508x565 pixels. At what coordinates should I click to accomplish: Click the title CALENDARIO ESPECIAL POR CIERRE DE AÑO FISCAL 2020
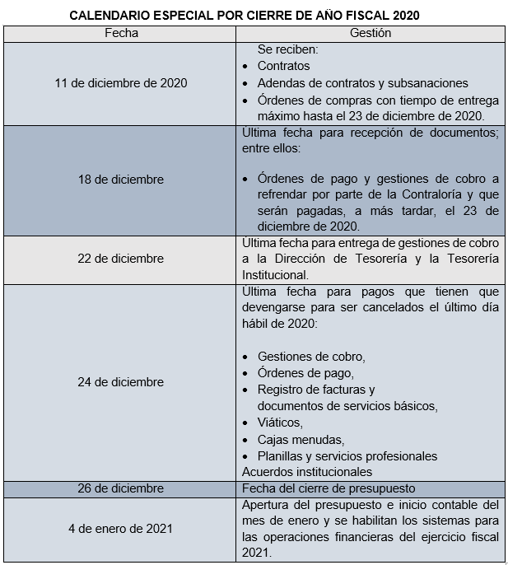[250, 16]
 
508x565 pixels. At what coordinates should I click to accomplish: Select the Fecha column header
[121, 34]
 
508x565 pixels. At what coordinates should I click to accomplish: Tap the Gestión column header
[371, 34]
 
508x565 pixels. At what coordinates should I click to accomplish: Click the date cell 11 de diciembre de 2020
[121, 83]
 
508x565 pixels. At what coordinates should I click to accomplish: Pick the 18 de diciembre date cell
[121, 180]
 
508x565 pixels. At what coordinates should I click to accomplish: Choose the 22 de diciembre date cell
[121, 259]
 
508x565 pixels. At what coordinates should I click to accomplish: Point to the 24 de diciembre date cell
[121, 382]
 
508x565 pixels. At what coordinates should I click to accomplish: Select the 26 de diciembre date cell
[121, 488]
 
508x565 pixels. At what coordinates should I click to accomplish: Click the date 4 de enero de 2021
[121, 529]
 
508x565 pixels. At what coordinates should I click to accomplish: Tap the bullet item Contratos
[283, 66]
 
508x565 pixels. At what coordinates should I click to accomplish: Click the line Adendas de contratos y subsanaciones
[362, 83]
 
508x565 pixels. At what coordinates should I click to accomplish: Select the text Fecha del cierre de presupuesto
[328, 488]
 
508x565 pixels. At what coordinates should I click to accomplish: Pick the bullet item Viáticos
[280, 423]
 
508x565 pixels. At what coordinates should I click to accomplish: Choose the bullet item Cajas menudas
[301, 439]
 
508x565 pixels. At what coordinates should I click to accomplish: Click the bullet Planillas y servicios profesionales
[347, 455]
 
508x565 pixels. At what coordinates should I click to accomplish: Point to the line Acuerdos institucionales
[306, 472]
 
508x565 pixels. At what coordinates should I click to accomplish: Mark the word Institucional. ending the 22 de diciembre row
[275, 275]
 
